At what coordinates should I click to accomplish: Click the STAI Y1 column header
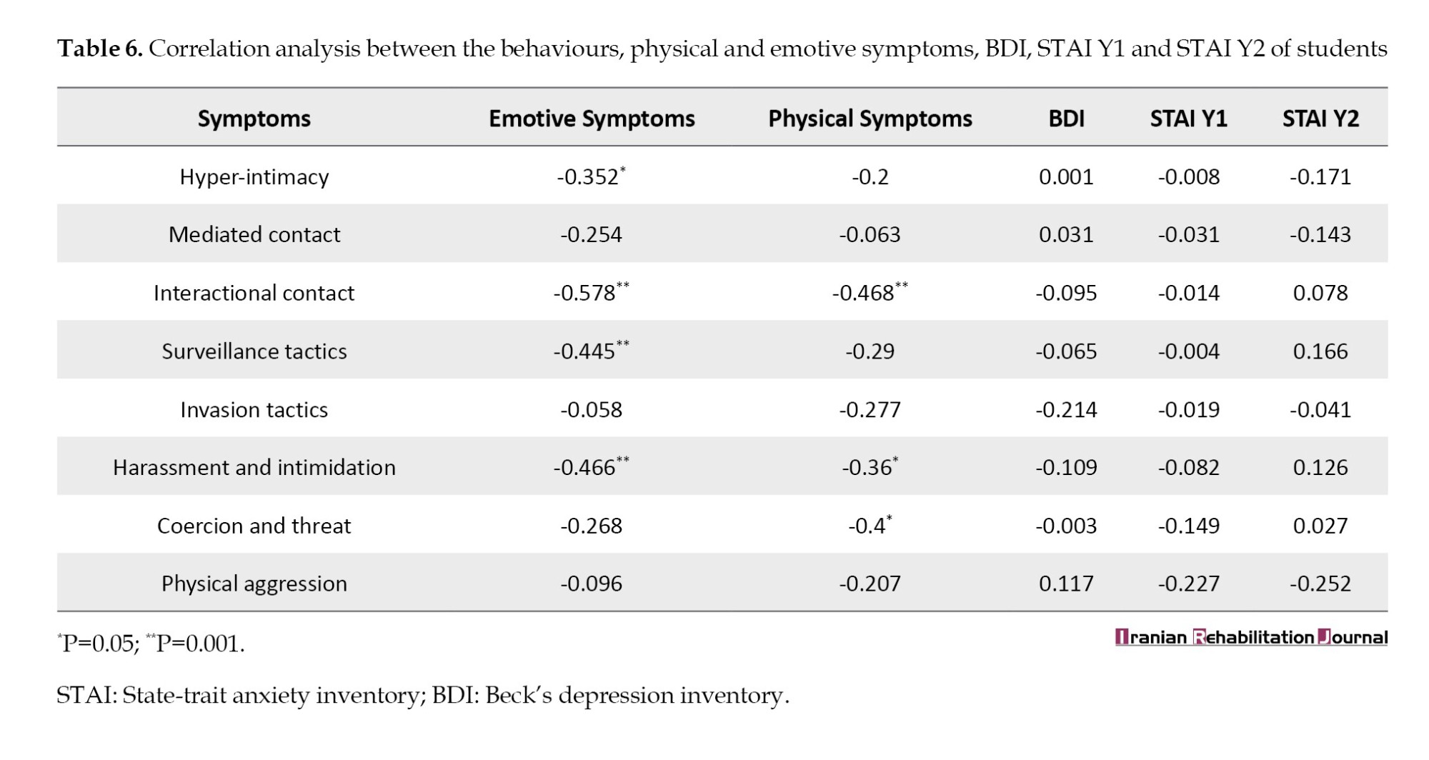pos(1188,119)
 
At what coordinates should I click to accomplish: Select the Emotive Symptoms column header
pos(592,119)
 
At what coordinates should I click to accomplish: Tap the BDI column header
pos(1066,119)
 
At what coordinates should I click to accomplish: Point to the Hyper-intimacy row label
pos(254,177)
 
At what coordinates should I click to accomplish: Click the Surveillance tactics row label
pos(254,351)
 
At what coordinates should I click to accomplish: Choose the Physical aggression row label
pos(254,584)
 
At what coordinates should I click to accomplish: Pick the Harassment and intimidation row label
pos(254,468)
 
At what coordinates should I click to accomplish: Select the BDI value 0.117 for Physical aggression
pos(1066,584)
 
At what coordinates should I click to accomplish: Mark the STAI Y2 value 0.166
pos(1320,351)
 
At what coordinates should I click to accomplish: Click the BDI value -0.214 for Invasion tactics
pos(1066,410)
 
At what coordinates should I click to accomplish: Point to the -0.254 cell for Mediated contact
pos(591,235)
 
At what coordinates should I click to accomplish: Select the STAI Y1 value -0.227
pos(1188,584)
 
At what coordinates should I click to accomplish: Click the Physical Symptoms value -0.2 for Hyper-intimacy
pos(870,177)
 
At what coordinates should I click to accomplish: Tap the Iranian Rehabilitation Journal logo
pos(1251,637)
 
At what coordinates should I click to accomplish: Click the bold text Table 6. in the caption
pos(100,49)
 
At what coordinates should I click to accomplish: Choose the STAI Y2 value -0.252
pos(1320,584)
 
